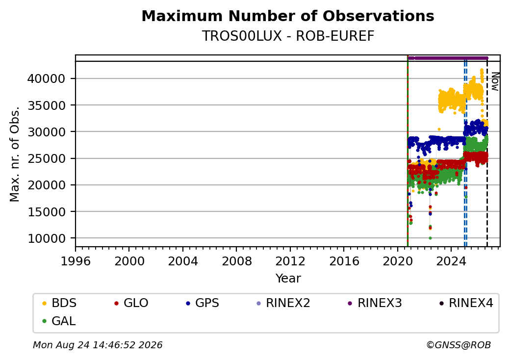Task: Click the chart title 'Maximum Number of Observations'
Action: click(x=288, y=16)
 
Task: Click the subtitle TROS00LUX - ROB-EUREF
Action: click(x=288, y=36)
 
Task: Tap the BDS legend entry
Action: click(x=59, y=303)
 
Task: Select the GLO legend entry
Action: click(x=131, y=303)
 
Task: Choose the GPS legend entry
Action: click(x=203, y=303)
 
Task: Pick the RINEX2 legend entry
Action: click(x=283, y=303)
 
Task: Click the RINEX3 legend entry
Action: click(x=375, y=303)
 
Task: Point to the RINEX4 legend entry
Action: click(x=466, y=303)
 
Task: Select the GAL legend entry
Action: click(x=59, y=321)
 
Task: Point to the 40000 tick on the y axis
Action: click(x=46, y=78)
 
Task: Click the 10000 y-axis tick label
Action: click(x=46, y=238)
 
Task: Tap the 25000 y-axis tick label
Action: click(x=46, y=159)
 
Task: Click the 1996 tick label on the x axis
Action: click(x=76, y=261)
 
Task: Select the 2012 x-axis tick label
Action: click(x=290, y=261)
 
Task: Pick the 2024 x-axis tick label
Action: click(x=451, y=261)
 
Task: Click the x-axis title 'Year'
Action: click(x=288, y=279)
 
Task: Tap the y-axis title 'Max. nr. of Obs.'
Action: click(x=15, y=154)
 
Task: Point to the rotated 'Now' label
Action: click(x=495, y=81)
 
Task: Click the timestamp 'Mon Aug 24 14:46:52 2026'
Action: click(x=98, y=345)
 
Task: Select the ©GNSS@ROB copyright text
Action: click(x=459, y=345)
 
